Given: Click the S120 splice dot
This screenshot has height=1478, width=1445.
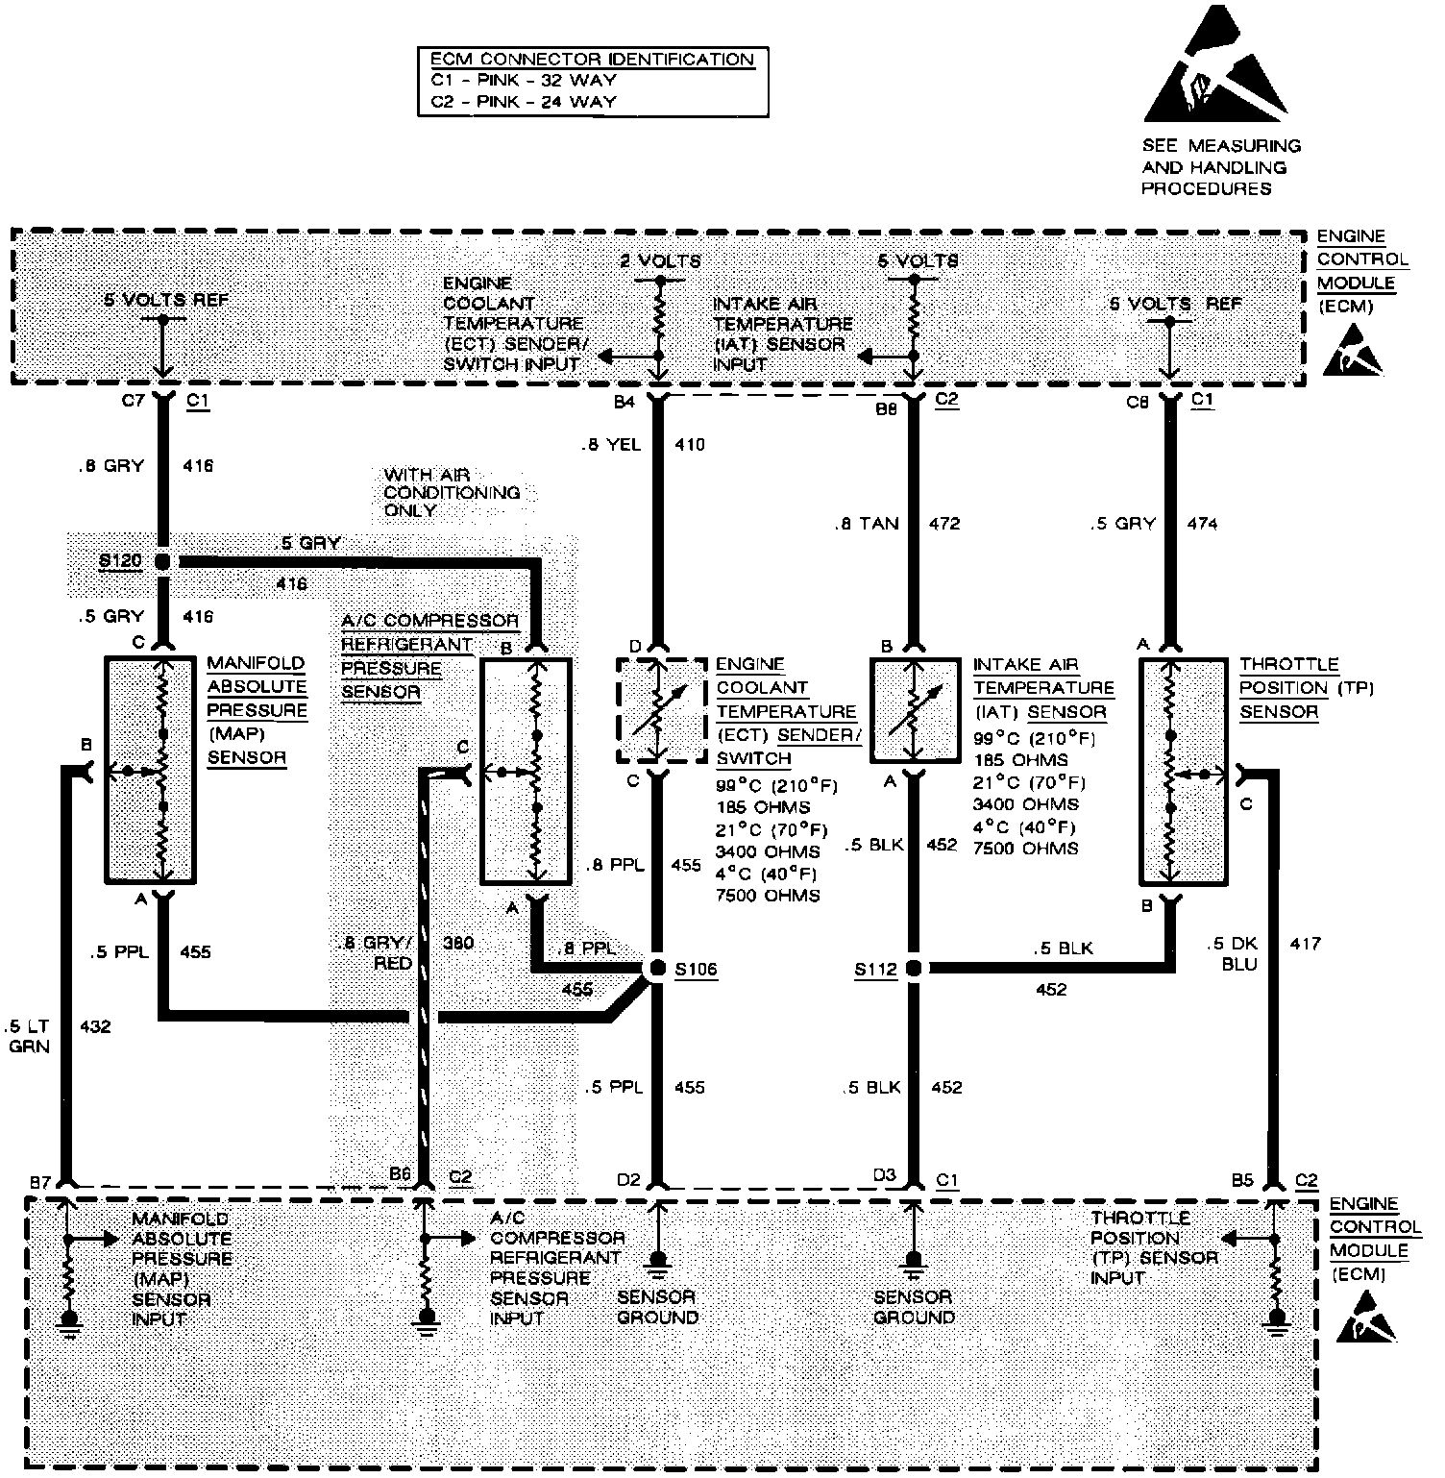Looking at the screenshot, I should tap(162, 561).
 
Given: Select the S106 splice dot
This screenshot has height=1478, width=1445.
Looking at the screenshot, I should tap(656, 969).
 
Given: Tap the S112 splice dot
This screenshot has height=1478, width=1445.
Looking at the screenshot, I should tap(914, 968).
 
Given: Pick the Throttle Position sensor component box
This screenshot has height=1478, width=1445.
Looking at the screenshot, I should tap(1186, 771).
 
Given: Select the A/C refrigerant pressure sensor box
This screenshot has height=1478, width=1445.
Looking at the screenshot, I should tap(526, 770).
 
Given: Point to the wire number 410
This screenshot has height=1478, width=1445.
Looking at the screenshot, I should tap(690, 445).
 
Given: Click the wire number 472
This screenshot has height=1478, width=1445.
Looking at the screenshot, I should tap(945, 524).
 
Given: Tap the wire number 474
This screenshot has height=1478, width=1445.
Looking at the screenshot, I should tap(1202, 524).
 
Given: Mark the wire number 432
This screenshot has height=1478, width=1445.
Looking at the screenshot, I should tap(96, 1026).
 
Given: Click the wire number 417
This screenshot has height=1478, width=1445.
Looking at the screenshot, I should tap(1306, 944).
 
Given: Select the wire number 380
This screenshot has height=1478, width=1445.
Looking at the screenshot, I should tap(458, 943).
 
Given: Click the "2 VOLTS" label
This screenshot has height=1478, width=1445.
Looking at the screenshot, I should tap(660, 260).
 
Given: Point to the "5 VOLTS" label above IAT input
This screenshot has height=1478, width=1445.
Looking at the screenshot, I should tap(918, 260).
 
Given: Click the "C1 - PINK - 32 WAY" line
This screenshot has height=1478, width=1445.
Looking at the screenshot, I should tap(524, 81).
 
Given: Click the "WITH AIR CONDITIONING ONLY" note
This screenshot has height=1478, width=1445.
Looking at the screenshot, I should tap(452, 492).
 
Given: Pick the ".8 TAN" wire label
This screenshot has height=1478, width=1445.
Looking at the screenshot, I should tap(867, 524).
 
